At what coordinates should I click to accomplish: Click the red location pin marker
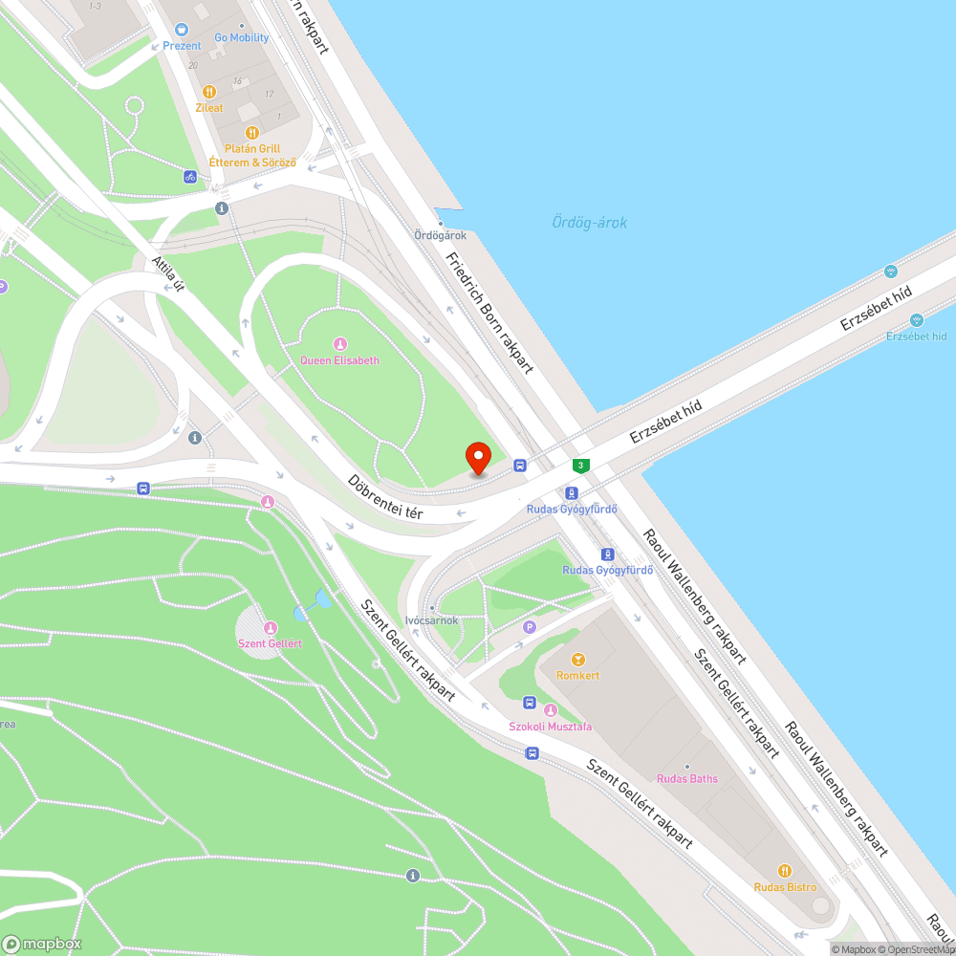(477, 457)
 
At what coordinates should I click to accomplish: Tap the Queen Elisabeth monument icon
(339, 344)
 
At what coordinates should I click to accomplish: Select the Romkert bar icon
(577, 660)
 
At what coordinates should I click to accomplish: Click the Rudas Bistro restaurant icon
(785, 871)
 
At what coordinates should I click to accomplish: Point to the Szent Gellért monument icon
(270, 628)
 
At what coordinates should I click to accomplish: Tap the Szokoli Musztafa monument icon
(551, 710)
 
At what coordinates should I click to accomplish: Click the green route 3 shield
(580, 466)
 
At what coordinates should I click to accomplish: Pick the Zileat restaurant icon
(209, 93)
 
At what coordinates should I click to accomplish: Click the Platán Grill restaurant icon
(252, 133)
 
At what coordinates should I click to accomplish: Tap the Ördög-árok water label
(589, 223)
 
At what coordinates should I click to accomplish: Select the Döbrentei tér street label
(385, 497)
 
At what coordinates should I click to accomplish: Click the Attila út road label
(167, 274)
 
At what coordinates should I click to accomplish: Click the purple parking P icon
(530, 627)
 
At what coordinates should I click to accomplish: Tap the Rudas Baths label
(686, 778)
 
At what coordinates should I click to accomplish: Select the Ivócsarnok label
(432, 619)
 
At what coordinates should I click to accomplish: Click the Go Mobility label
(241, 38)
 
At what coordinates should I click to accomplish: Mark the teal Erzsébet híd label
(916, 336)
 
